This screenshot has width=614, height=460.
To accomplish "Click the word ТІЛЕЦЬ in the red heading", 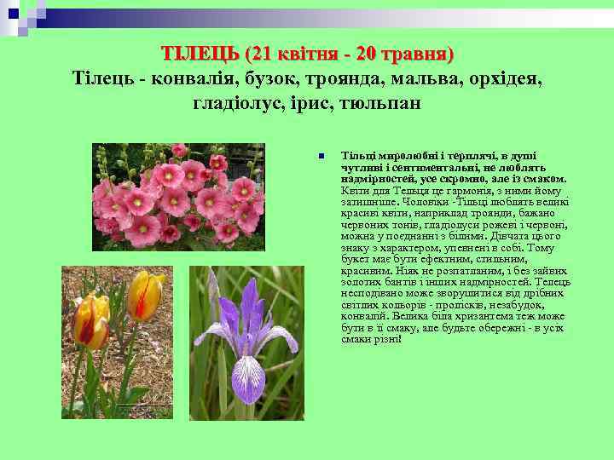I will (199, 54).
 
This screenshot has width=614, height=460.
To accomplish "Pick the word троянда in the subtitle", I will (345, 78).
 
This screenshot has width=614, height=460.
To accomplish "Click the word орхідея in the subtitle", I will (506, 78).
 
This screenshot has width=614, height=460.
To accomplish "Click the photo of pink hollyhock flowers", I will (178, 197).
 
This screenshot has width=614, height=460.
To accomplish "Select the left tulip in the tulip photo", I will (90, 321).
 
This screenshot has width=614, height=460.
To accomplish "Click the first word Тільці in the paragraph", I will (357, 156).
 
